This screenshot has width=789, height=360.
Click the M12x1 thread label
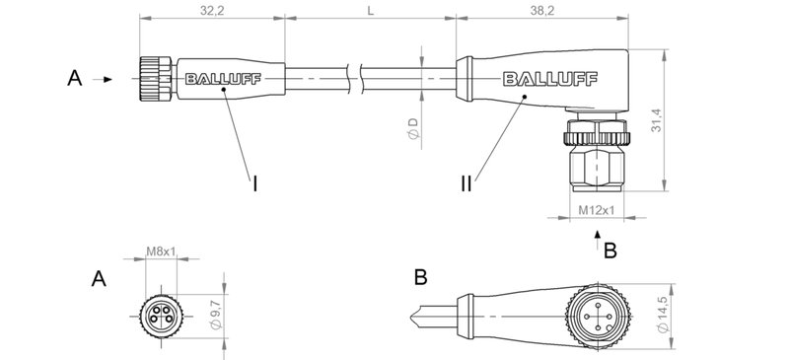(x=597, y=210)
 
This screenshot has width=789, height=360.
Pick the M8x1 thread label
(x=161, y=252)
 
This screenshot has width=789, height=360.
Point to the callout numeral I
(x=255, y=183)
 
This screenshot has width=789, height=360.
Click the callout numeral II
(x=466, y=183)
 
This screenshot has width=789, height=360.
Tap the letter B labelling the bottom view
(x=421, y=279)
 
